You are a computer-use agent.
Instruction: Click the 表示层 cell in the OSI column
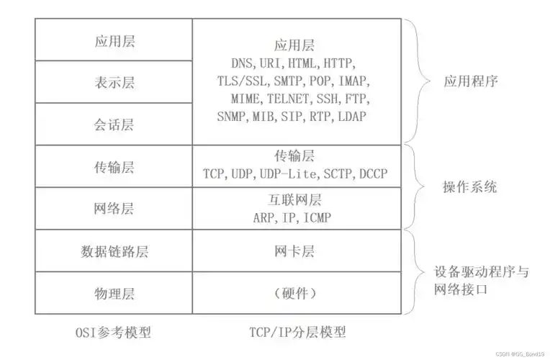(114, 82)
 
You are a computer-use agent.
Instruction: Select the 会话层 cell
(114, 124)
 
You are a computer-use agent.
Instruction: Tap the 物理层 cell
(114, 293)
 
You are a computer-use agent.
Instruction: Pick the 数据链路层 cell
(114, 251)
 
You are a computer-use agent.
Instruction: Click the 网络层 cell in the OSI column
(114, 209)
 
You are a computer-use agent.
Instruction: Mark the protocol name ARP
(263, 217)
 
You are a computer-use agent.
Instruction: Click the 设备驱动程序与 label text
(482, 272)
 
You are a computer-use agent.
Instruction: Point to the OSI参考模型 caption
(114, 333)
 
